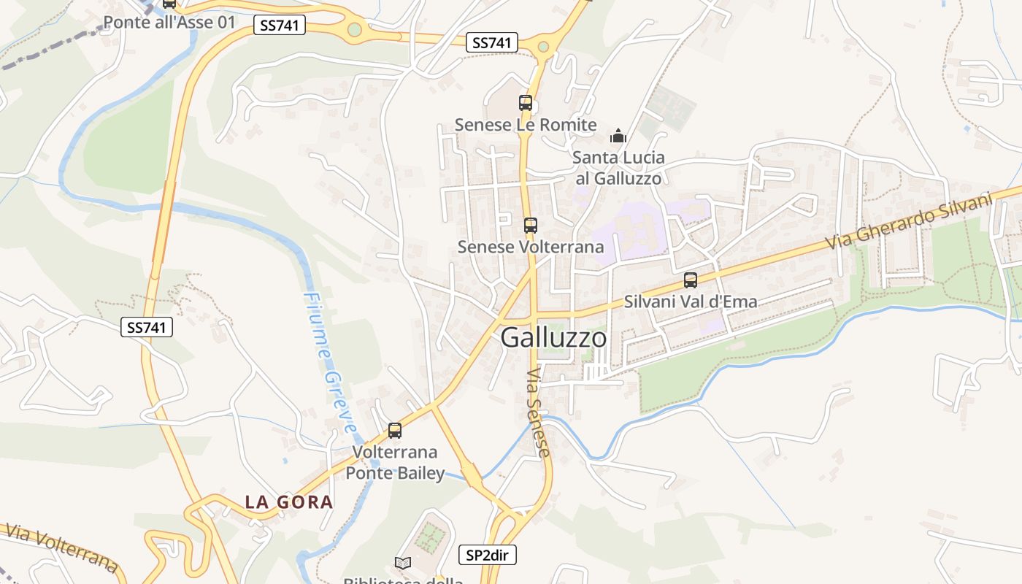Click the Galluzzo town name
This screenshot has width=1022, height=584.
pos(553,338)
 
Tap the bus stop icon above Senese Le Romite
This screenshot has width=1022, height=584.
pos(526,103)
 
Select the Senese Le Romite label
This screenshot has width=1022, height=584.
pos(526,125)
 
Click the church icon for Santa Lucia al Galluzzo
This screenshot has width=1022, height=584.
pos(618,136)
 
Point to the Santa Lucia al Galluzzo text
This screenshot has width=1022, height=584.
pos(618,168)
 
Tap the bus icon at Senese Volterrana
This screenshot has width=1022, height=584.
pos(531,226)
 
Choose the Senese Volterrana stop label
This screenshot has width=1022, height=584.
pos(531,247)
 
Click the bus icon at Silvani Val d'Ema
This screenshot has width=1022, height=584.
pos(690,280)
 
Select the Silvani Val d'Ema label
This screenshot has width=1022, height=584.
pos(690,301)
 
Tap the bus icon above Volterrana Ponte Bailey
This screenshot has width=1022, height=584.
pos(395,431)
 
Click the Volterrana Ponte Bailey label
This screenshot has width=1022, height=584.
pos(395,463)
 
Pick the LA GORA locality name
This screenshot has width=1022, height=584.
pos(289,502)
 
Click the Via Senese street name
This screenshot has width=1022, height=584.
pos(538,413)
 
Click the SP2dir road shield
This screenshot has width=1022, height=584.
pos(487,556)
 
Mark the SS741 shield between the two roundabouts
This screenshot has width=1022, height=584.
pos(491,43)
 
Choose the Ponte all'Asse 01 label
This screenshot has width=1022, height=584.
pos(169,22)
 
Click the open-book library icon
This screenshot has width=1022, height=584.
pos(403,563)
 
